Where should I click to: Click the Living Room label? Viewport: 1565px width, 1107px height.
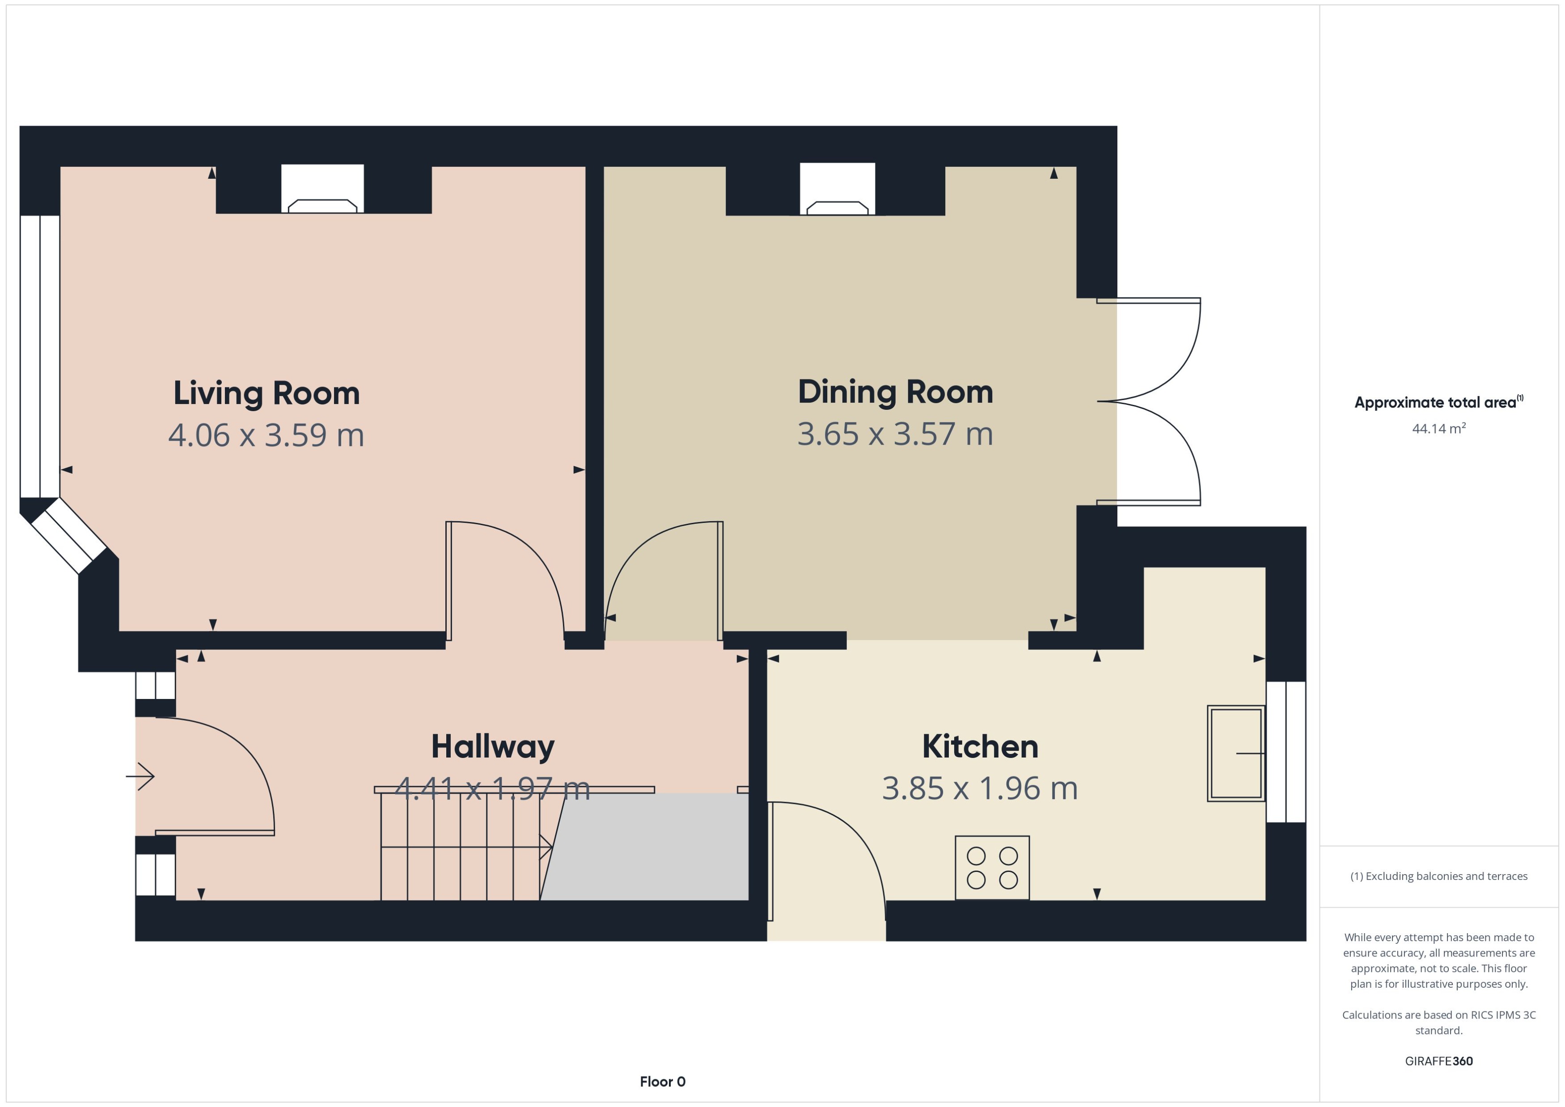(266, 393)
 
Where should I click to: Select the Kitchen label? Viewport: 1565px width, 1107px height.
(980, 746)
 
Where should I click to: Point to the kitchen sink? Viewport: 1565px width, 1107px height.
(1235, 753)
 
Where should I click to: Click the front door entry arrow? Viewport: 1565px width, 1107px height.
(141, 776)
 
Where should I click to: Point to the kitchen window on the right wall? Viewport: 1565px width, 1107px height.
(1286, 752)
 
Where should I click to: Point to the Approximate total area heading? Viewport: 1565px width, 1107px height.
(1438, 402)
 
